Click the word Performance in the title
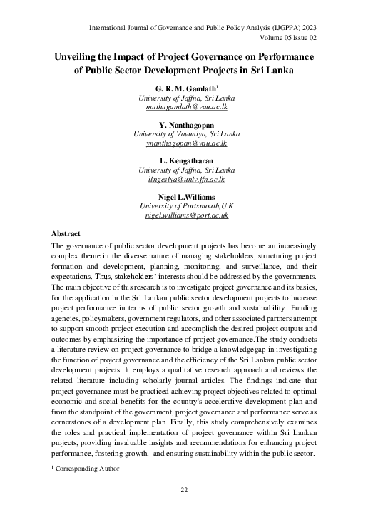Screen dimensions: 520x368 277,56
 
